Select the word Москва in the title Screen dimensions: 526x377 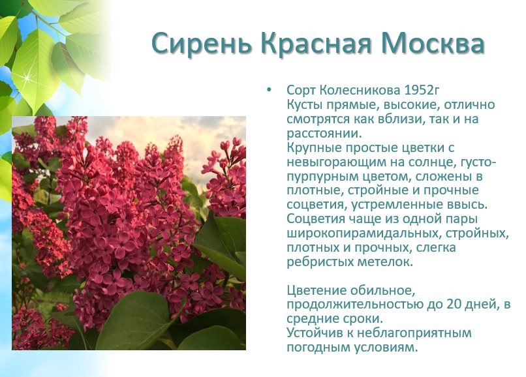pos(433,43)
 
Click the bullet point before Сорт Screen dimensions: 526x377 pos(269,90)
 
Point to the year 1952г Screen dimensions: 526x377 pos(422,90)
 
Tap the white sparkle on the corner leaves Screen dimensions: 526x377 pos(25,78)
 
